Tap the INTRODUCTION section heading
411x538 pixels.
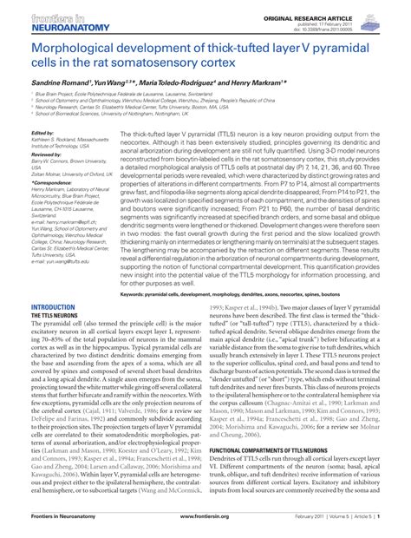[x=53, y=308]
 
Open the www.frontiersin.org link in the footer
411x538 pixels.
[x=204, y=526]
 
